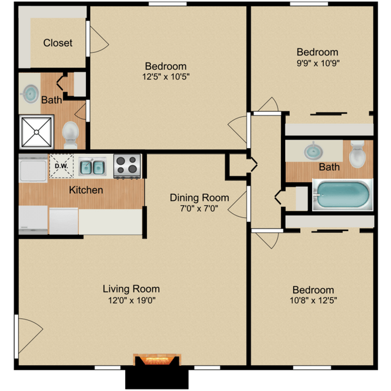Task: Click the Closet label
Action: pos(58,43)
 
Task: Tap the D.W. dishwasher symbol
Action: pos(61,165)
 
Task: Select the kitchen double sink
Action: pos(93,166)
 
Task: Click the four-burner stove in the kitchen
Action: pos(126,166)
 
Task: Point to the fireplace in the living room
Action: pos(156,360)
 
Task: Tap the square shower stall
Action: pos(37,132)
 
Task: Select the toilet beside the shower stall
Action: pos(71,134)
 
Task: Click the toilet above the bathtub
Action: pos(357,154)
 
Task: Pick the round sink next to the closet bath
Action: pos(29,93)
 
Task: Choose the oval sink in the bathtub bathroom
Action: pos(313,150)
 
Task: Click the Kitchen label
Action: pos(86,190)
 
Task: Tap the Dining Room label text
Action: pos(199,197)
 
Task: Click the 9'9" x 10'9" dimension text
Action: pos(317,63)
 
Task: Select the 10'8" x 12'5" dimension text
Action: pos(310,301)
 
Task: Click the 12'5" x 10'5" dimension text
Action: pos(165,78)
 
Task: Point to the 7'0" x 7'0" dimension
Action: pos(199,209)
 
